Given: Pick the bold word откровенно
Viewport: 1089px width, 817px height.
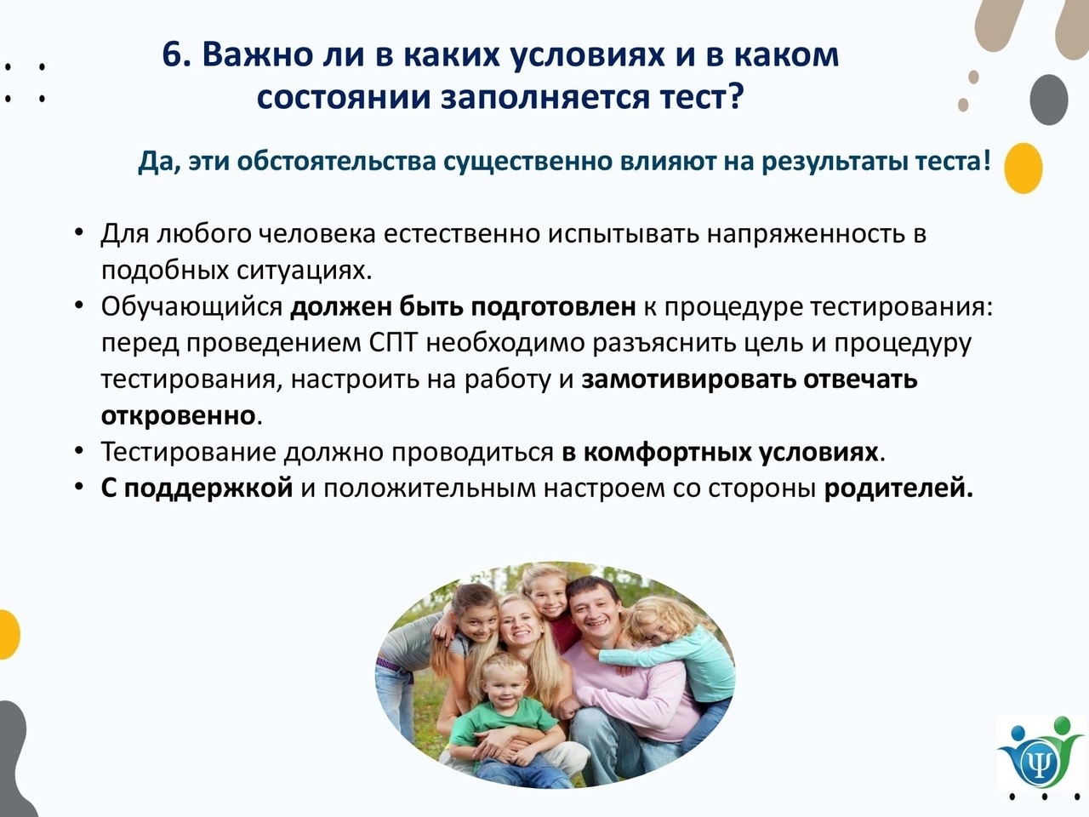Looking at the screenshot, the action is (178, 415).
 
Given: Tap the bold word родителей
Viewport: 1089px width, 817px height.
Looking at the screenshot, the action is (898, 488).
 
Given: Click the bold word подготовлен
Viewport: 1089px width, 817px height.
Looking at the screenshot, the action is (553, 307).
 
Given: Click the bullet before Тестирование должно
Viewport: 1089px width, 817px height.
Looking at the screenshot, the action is (78, 450).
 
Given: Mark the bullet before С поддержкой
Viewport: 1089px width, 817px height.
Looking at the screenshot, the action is (78, 487).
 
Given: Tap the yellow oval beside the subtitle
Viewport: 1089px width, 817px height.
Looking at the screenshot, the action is (1023, 169).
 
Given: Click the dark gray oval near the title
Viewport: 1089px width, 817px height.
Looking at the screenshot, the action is (1049, 100).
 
